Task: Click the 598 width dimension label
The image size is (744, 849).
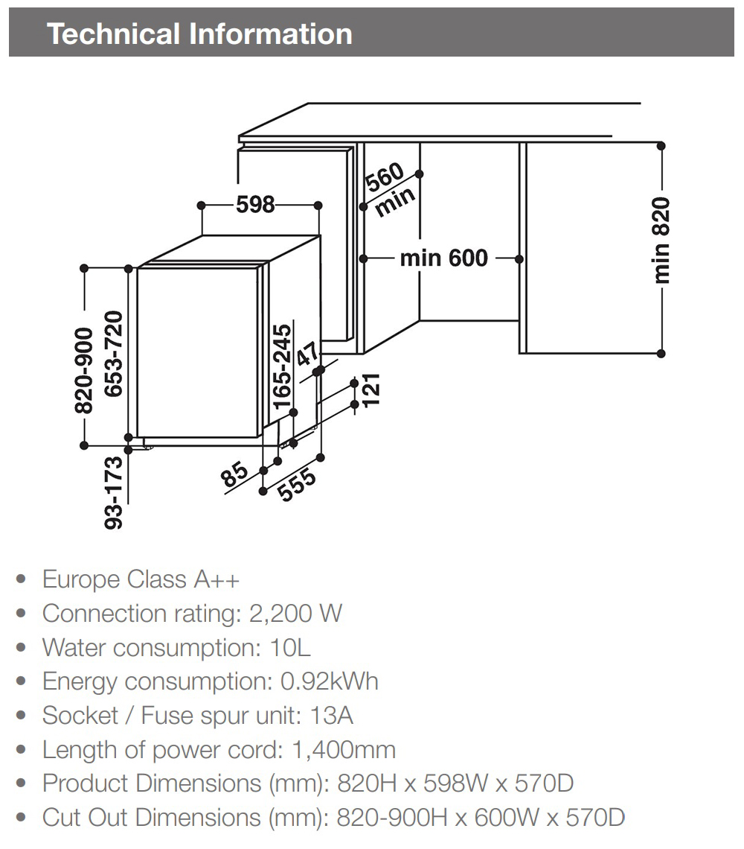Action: pyautogui.click(x=256, y=204)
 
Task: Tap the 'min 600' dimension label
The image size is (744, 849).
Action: pyautogui.click(x=444, y=258)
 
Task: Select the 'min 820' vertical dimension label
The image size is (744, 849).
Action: pyautogui.click(x=661, y=240)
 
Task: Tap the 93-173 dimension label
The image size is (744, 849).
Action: pyautogui.click(x=113, y=493)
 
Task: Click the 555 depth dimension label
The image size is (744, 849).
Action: pyautogui.click(x=296, y=486)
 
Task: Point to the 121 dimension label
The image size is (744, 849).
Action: pyautogui.click(x=371, y=389)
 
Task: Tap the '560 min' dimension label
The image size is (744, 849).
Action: pyautogui.click(x=389, y=189)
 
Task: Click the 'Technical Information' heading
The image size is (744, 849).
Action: pyautogui.click(x=199, y=34)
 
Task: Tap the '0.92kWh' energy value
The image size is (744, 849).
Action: pyautogui.click(x=329, y=681)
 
